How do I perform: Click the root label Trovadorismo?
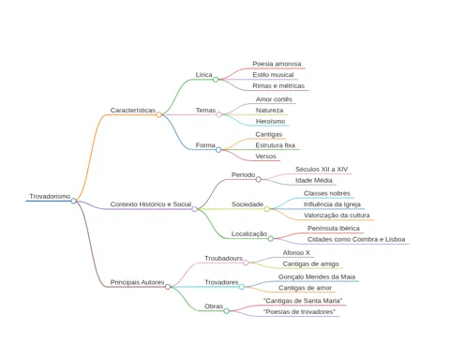(50, 196)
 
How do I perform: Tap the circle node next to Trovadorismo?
(73, 201)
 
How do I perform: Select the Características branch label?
(133, 111)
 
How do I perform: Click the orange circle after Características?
(158, 114)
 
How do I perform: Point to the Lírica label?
(204, 75)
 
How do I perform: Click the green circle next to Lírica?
(216, 80)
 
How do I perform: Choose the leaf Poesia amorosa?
(277, 64)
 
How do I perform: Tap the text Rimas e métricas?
(278, 85)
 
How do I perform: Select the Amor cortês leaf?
(274, 99)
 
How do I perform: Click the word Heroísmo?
(270, 121)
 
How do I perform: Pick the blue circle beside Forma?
(218, 150)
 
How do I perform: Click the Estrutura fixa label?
(276, 145)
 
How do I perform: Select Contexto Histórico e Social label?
(151, 204)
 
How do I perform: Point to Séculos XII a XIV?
(322, 170)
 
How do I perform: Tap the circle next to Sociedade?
(267, 209)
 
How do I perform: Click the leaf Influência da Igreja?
(332, 204)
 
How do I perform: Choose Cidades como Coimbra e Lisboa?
(356, 239)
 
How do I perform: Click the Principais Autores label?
(137, 282)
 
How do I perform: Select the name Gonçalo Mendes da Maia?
(317, 277)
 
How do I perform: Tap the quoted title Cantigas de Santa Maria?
(303, 301)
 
